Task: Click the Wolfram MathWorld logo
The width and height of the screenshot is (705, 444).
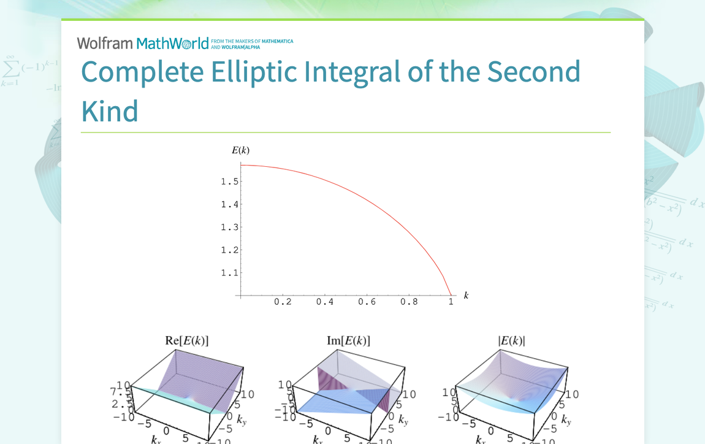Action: click(x=143, y=44)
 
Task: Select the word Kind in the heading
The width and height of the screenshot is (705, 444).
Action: click(x=110, y=111)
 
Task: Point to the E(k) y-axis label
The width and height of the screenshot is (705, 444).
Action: click(x=240, y=150)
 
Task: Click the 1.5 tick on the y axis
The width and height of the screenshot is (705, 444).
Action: click(x=230, y=182)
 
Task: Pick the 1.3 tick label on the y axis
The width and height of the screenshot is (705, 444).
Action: click(x=230, y=227)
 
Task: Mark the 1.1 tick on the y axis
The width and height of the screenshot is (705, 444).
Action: click(x=230, y=272)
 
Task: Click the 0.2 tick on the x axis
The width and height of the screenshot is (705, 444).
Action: click(x=283, y=302)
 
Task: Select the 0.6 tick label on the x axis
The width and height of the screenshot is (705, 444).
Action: click(x=367, y=302)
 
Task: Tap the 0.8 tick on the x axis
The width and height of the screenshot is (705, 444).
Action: click(x=409, y=302)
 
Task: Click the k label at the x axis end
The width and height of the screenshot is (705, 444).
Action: click(x=466, y=295)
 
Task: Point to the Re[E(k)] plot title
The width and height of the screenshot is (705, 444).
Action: click(x=191, y=340)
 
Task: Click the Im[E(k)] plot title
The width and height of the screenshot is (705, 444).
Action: click(x=348, y=340)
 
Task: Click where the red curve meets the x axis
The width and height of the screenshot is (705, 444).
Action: click(x=451, y=296)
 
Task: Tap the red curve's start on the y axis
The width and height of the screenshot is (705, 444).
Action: click(x=241, y=166)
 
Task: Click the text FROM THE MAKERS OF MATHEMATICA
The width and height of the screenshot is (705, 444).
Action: click(x=252, y=42)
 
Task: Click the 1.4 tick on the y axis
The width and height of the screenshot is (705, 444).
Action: click(x=230, y=204)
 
